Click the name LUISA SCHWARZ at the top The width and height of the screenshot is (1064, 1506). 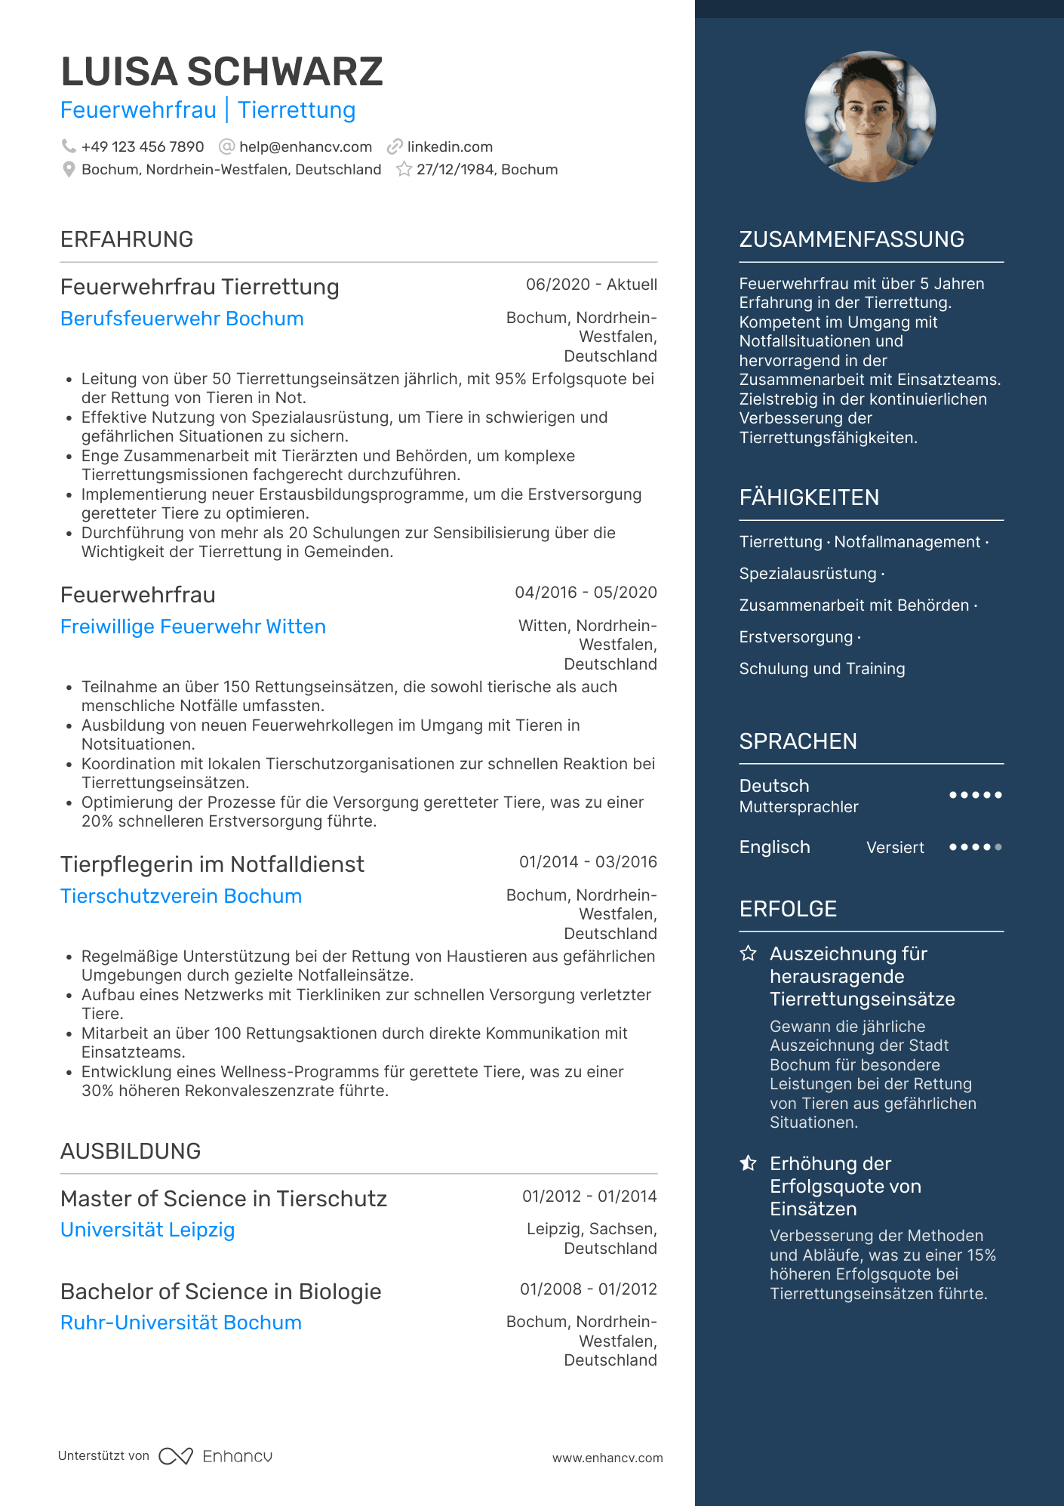tap(222, 72)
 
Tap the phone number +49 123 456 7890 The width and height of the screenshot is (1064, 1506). tap(143, 146)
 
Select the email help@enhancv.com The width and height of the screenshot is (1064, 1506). tap(305, 146)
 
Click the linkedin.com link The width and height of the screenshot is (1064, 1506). tap(450, 146)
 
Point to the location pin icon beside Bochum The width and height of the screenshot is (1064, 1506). tap(69, 170)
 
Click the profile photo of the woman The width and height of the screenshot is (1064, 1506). tap(870, 117)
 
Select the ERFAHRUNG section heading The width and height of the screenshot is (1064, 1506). tap(127, 239)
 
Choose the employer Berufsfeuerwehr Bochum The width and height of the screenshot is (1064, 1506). tap(182, 319)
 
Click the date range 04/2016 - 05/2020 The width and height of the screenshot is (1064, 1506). tap(586, 593)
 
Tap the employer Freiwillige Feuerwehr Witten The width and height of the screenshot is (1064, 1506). tap(193, 627)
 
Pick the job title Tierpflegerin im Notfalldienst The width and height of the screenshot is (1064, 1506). tap(212, 864)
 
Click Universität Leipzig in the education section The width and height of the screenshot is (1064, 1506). tap(148, 1230)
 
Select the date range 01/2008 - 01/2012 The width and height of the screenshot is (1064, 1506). tap(588, 1289)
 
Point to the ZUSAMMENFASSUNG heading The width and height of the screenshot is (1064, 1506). tap(851, 239)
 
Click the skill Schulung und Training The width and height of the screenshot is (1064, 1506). tap(822, 669)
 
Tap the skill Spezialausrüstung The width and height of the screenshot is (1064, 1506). tap(807, 574)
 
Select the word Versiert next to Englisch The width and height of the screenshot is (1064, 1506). tap(895, 848)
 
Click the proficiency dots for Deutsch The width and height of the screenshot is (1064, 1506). tap(975, 795)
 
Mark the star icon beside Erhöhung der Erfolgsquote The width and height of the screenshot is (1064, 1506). tap(748, 1163)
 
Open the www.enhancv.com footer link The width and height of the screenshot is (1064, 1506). tap(607, 1458)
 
